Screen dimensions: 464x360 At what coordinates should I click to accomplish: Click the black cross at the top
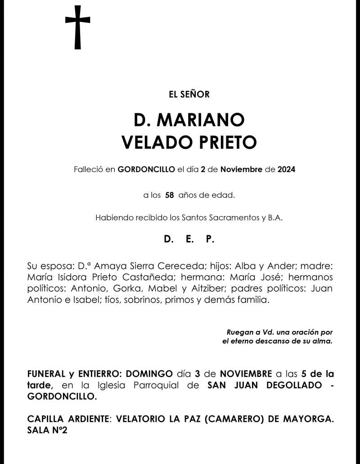tap(77, 27)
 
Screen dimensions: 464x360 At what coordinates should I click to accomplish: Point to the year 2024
tap(286, 170)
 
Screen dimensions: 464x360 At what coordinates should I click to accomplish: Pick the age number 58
tap(170, 196)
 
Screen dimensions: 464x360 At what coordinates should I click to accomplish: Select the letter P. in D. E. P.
tap(210, 240)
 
